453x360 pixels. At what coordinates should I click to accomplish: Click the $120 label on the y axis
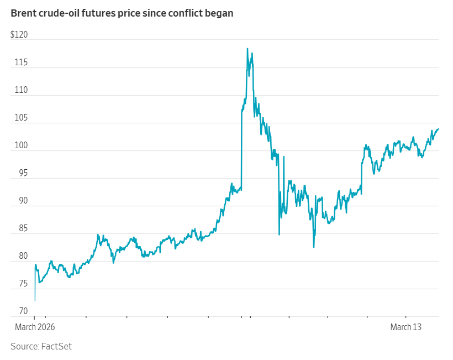pos(19,35)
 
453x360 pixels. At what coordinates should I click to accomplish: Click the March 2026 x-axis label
pos(34,327)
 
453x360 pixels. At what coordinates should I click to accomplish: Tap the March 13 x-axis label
pos(405,327)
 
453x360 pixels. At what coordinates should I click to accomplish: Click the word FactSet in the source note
pos(56,346)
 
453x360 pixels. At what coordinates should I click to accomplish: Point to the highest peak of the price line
pos(247,49)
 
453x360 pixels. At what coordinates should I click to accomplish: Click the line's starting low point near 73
pos(35,300)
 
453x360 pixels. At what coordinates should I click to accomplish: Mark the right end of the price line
pos(438,129)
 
